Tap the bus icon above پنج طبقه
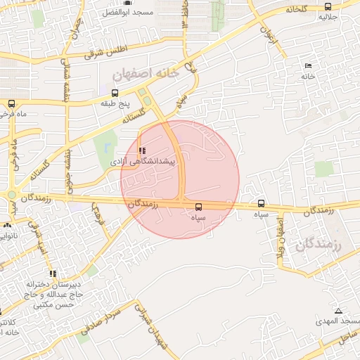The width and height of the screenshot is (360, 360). click(115, 93)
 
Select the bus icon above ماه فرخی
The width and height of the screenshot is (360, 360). click(11, 103)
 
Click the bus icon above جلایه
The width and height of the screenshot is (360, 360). click(328, 6)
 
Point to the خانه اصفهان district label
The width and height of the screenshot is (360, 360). click(147, 72)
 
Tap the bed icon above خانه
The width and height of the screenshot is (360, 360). click(308, 66)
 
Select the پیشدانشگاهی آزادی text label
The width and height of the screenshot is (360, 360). click(146, 162)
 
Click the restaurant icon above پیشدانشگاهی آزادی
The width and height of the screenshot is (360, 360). click(143, 150)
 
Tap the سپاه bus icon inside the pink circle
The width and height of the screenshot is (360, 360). click(198, 207)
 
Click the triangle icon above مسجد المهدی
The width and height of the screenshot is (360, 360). click(338, 311)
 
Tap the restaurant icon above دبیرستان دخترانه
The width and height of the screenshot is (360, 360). click(52, 274)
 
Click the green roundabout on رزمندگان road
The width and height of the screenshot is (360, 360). click(12, 195)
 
